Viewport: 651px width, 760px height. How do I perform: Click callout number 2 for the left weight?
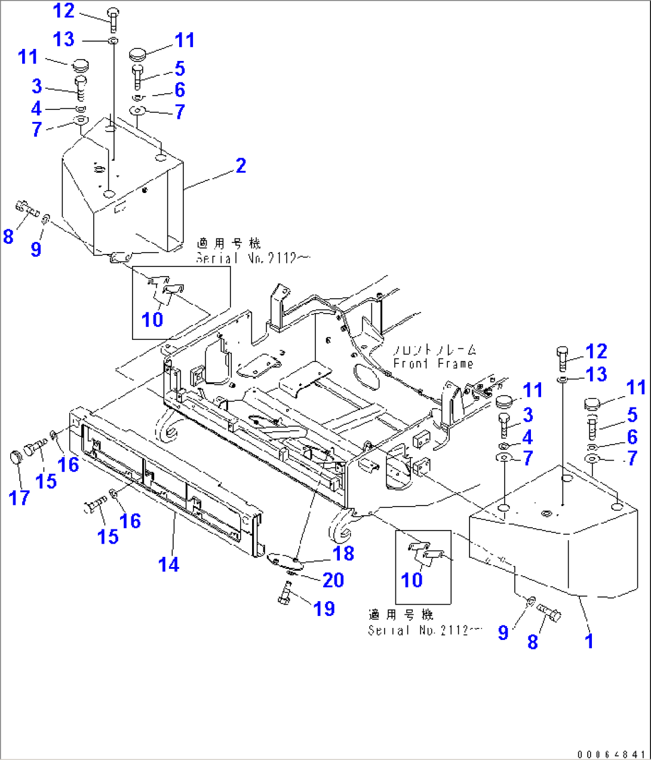(x=241, y=166)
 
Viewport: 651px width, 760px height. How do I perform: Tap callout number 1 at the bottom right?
(x=589, y=641)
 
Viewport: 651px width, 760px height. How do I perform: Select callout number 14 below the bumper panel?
(x=168, y=565)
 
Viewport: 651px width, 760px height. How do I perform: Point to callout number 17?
(x=19, y=497)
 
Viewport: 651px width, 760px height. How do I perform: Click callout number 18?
(x=343, y=553)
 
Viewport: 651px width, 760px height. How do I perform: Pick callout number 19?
(x=324, y=608)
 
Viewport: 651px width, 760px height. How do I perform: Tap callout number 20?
(x=333, y=580)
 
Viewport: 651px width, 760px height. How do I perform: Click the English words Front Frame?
(x=434, y=363)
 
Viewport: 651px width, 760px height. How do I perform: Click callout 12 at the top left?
(x=63, y=11)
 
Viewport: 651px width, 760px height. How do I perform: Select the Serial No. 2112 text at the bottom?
(x=418, y=630)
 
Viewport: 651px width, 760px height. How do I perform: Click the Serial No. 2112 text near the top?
(x=246, y=259)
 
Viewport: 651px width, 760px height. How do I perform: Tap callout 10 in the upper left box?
(x=152, y=320)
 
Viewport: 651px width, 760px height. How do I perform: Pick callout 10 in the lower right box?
(x=412, y=580)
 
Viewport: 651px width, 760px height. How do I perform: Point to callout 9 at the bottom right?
(x=503, y=632)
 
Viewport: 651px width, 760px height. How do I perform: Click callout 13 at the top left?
(x=64, y=39)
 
